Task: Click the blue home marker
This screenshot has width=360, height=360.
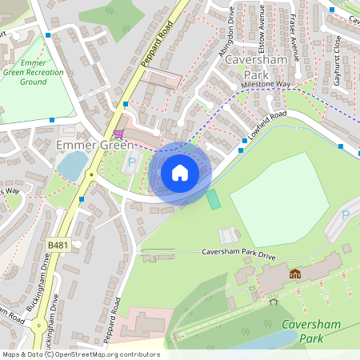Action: click(180, 173)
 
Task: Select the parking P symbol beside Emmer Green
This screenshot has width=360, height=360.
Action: click(132, 162)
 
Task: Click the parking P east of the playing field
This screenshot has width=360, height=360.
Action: click(346, 215)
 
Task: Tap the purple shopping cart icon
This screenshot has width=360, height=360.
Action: click(118, 133)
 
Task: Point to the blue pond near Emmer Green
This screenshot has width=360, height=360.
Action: click(72, 165)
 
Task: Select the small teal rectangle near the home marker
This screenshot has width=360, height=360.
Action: click(213, 199)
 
